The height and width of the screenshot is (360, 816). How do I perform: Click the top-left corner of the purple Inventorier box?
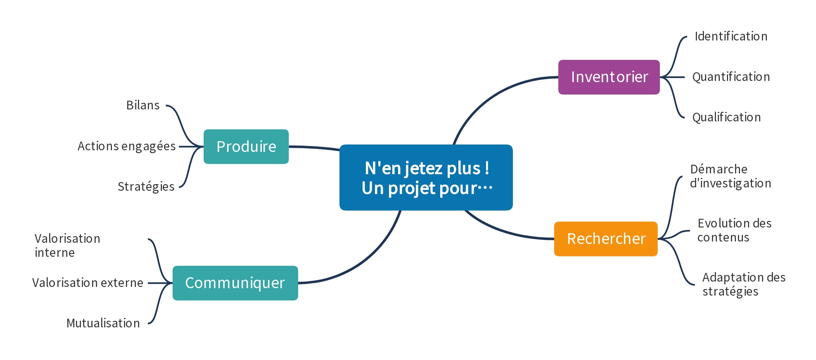pyautogui.click(x=559, y=60)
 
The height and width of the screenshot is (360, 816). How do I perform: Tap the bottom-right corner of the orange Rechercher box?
pyautogui.click(x=657, y=256)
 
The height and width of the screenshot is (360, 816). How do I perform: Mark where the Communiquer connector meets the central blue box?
pyautogui.click(x=400, y=211)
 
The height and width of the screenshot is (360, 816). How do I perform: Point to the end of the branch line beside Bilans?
pyautogui.click(x=166, y=106)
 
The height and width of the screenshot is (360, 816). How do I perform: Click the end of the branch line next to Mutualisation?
pyautogui.click(x=149, y=323)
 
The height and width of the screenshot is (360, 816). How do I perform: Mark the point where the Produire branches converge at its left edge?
pyautogui.click(x=203, y=147)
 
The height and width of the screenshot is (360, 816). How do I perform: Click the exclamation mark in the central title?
pyautogui.click(x=487, y=168)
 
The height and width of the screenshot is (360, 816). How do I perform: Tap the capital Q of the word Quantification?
pyautogui.click(x=697, y=77)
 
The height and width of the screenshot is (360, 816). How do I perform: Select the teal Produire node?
pyautogui.click(x=246, y=147)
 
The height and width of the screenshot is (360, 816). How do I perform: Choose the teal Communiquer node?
pyautogui.click(x=235, y=283)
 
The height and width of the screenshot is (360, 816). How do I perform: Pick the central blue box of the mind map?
pyautogui.click(x=426, y=178)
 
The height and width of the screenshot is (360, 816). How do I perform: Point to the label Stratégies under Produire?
pyautogui.click(x=146, y=187)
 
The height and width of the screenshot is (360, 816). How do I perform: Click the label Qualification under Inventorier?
pyautogui.click(x=726, y=118)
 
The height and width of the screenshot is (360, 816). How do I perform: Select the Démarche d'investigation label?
pyautogui.click(x=731, y=176)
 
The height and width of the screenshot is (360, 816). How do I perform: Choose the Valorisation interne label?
pyautogui.click(x=67, y=246)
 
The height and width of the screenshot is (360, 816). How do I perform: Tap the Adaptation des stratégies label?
pyautogui.click(x=744, y=284)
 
